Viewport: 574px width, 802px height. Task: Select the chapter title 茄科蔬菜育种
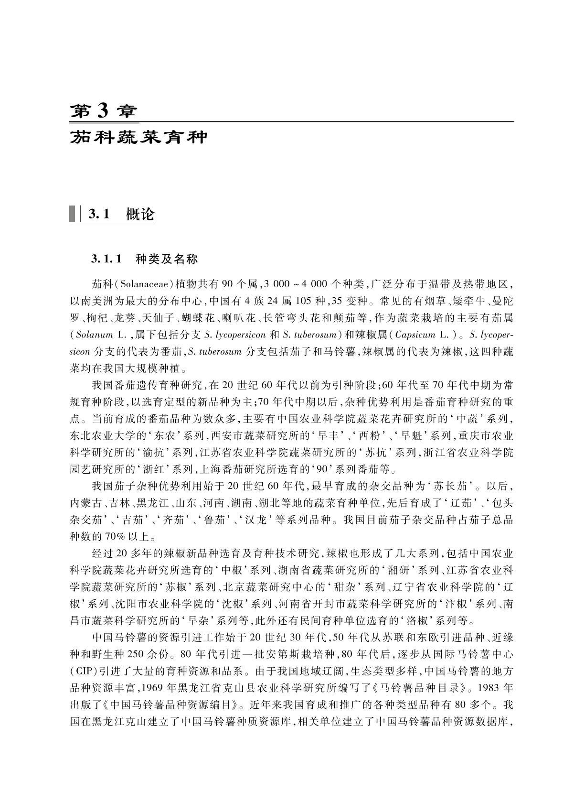tap(139, 137)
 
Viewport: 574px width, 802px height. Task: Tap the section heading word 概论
tap(140, 215)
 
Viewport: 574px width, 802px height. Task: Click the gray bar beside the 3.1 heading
tap(73, 214)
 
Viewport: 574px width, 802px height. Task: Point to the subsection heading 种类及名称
tap(167, 260)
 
